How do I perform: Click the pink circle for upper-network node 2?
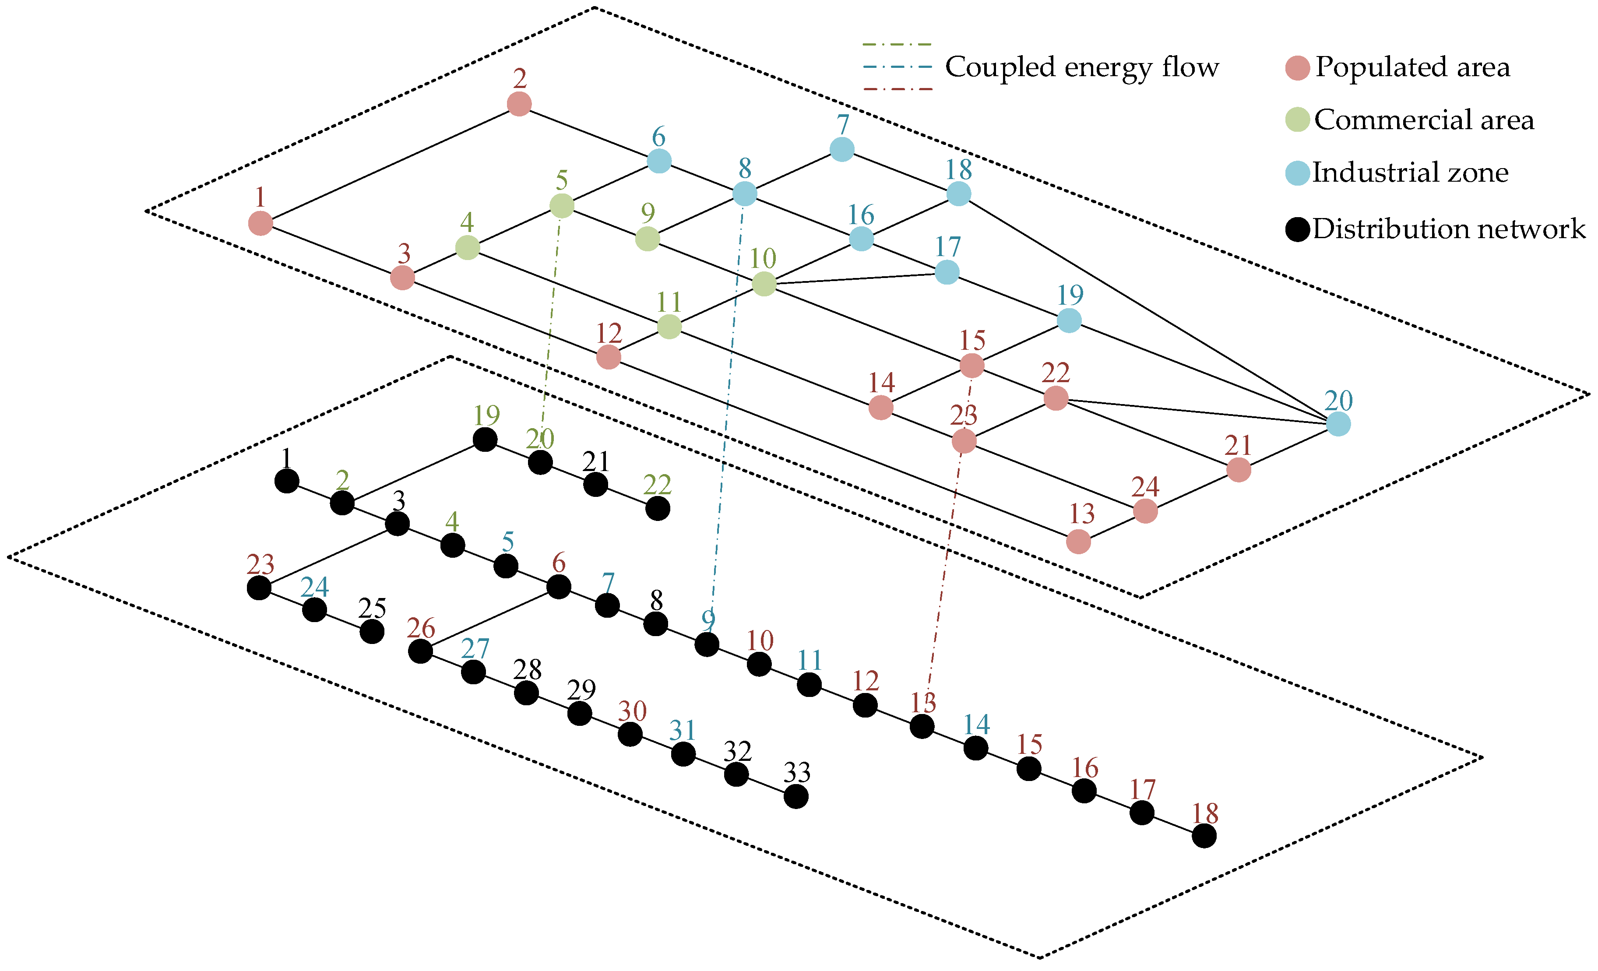pyautogui.click(x=519, y=104)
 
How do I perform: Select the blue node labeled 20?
pyautogui.click(x=1338, y=424)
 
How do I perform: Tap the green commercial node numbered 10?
pyautogui.click(x=764, y=283)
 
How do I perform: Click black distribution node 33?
pyautogui.click(x=796, y=796)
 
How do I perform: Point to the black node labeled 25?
pyautogui.click(x=372, y=631)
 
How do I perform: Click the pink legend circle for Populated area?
pyautogui.click(x=1297, y=67)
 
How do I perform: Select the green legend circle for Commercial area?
pyautogui.click(x=1297, y=120)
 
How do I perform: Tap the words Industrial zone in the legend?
pyautogui.click(x=1411, y=172)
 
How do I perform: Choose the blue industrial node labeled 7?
pyautogui.click(x=842, y=149)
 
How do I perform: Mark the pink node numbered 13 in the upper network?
pyautogui.click(x=1078, y=542)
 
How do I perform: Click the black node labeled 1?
pyautogui.click(x=287, y=481)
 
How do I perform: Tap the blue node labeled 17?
pyautogui.click(x=947, y=272)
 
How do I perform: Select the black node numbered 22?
pyautogui.click(x=658, y=509)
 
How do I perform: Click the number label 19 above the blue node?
pyautogui.click(x=1070, y=295)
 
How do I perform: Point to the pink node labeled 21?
pyautogui.click(x=1239, y=470)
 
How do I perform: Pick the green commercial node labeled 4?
pyautogui.click(x=468, y=247)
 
